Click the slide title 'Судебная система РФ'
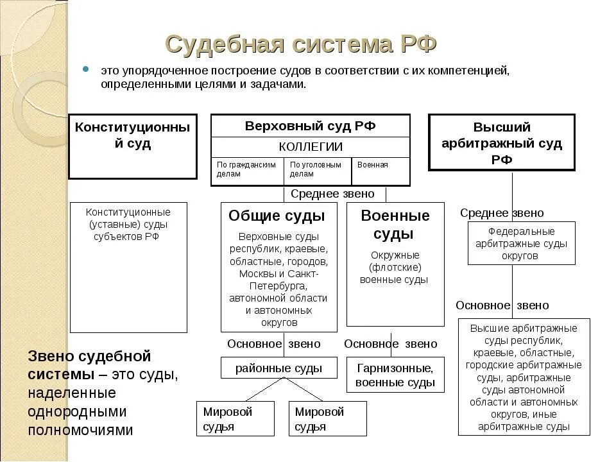301,45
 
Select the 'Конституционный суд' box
133,146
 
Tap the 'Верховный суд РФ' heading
310,126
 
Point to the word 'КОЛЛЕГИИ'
310,147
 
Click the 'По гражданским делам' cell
246,169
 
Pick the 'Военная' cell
380,166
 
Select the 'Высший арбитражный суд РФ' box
502,142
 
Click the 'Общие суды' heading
277,216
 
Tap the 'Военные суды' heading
395,224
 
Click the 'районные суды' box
278,368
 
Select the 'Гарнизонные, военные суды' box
395,375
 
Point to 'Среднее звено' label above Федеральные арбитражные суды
502,213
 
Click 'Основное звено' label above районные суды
273,344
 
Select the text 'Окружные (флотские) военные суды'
394,267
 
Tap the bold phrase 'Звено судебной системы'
89,364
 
